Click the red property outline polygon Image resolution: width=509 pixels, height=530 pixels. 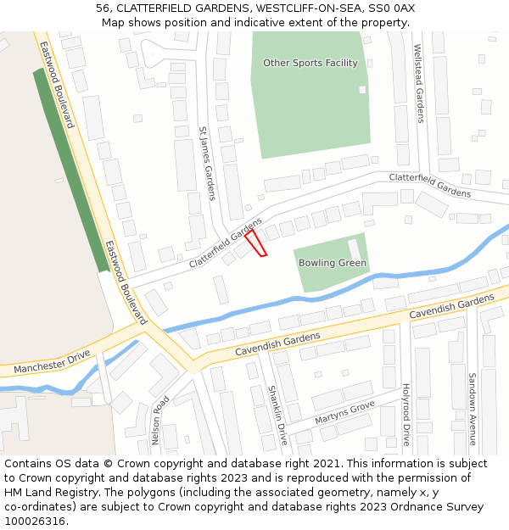(256, 243)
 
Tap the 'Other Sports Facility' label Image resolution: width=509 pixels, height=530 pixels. (310, 63)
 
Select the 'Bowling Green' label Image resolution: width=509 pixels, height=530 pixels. (333, 263)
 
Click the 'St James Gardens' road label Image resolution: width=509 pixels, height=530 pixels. (207, 164)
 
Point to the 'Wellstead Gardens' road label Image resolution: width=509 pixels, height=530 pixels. (418, 86)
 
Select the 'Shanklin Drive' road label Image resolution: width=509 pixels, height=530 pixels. (277, 415)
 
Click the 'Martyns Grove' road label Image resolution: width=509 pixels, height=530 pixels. (344, 413)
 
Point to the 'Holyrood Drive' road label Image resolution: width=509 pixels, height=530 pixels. (406, 415)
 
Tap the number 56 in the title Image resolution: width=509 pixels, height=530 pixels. (103, 8)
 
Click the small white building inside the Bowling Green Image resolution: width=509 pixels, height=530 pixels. (355, 248)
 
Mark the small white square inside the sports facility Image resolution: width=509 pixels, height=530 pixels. (362, 89)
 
